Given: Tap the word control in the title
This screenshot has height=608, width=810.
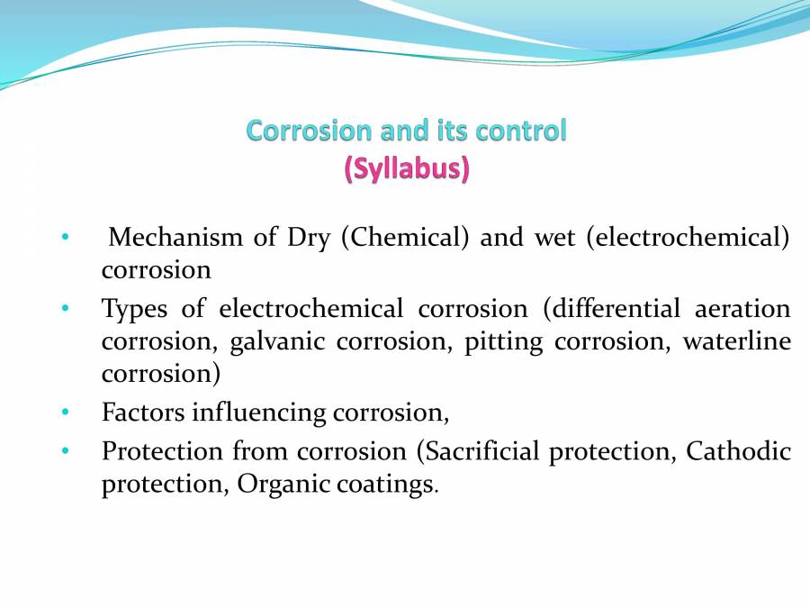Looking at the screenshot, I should tap(521, 131).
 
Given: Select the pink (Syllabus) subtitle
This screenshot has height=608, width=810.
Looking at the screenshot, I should tap(406, 168).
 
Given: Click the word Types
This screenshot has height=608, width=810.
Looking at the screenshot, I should tap(134, 309).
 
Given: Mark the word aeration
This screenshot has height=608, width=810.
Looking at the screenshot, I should tap(742, 309).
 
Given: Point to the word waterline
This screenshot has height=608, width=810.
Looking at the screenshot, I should tap(736, 342).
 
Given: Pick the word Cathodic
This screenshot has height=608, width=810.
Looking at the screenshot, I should tap(738, 450).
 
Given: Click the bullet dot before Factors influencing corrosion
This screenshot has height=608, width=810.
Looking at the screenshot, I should tap(65, 413).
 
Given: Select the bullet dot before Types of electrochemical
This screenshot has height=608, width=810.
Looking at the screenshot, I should tap(65, 309).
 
